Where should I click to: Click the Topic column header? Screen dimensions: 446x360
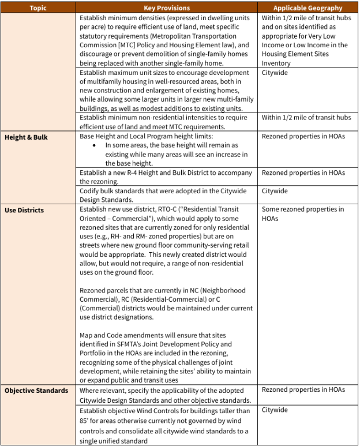(x=38, y=8)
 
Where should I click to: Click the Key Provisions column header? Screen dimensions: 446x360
(x=168, y=8)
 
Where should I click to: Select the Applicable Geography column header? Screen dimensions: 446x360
(x=307, y=8)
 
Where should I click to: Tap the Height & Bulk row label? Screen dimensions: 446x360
(x=27, y=137)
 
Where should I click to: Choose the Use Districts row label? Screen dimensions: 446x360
(x=24, y=210)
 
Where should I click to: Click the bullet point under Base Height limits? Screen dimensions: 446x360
(x=94, y=145)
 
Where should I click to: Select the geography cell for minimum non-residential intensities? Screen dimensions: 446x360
(x=306, y=118)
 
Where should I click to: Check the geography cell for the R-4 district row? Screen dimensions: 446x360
(x=303, y=173)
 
